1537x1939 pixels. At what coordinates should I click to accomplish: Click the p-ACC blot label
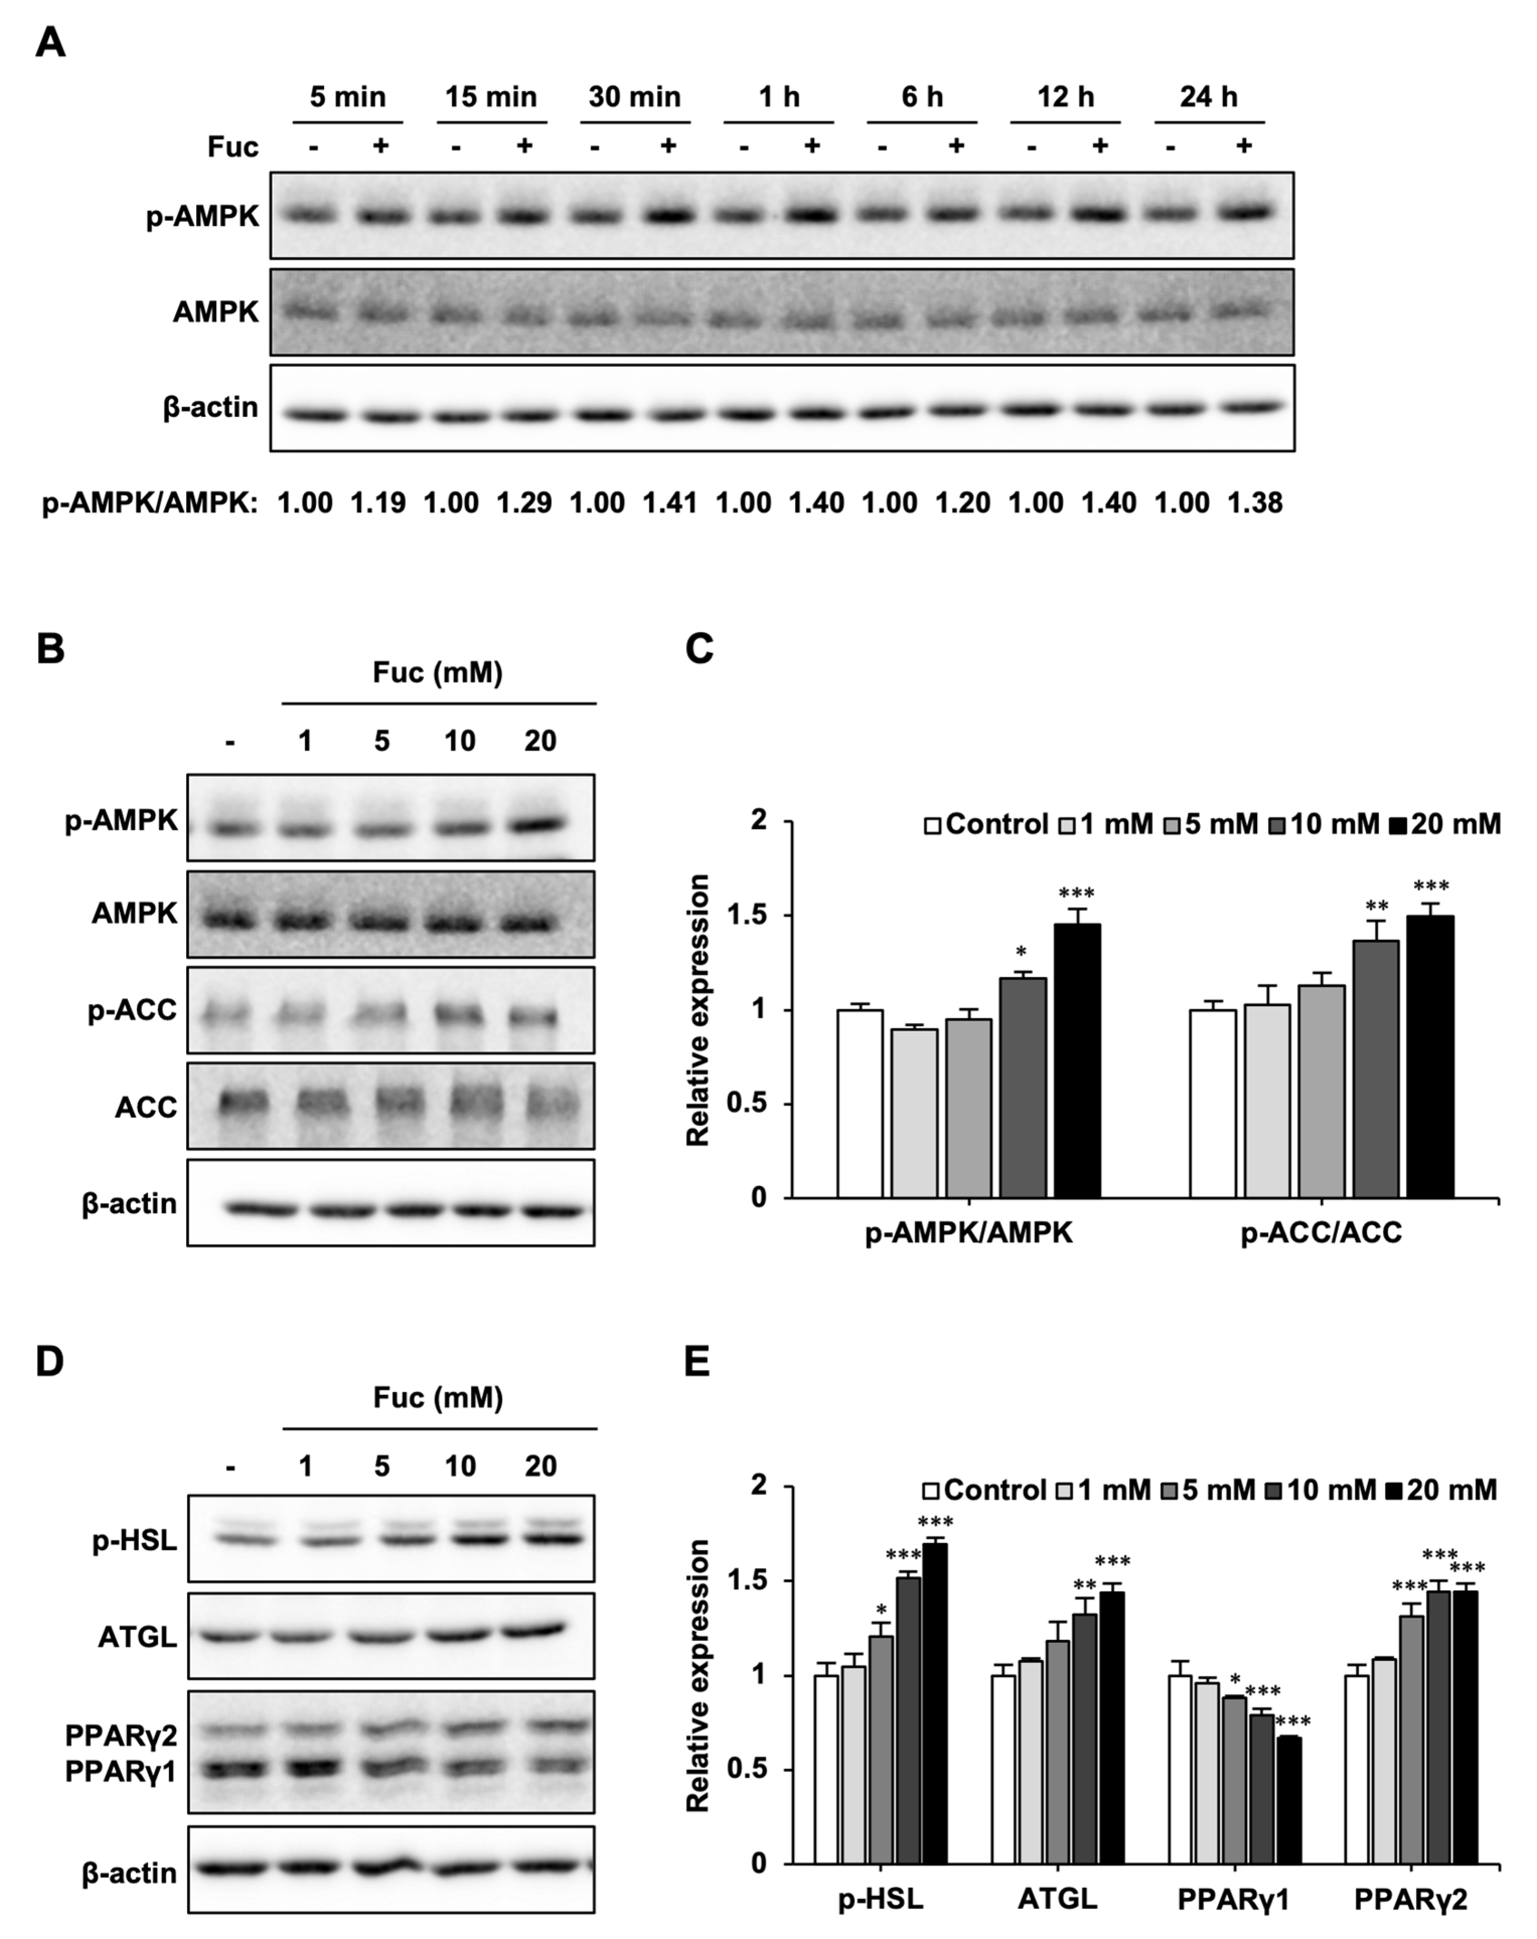[x=132, y=1010]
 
